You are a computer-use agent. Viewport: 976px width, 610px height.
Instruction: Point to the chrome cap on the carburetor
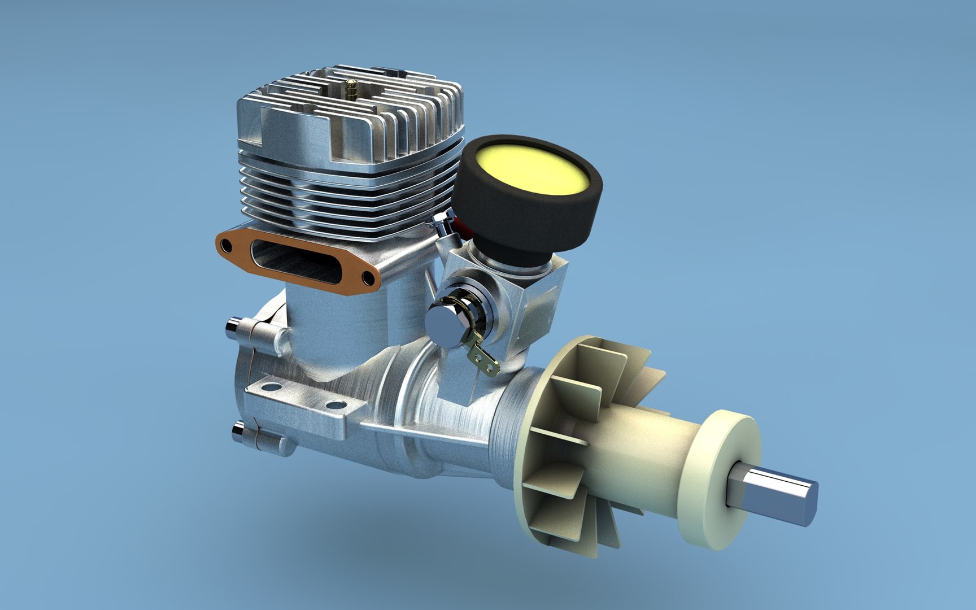pyautogui.click(x=445, y=317)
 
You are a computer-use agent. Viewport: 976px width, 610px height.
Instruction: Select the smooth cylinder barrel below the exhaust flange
pyautogui.click(x=339, y=328)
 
